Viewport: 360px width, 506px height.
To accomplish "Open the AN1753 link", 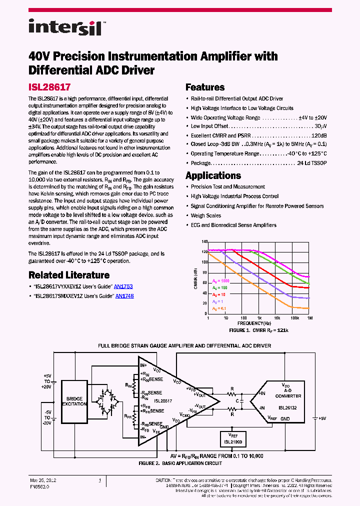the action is tap(123, 287).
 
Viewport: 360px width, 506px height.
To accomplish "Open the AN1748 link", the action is tap(124, 296).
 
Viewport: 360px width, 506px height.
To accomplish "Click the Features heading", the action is tap(205, 87).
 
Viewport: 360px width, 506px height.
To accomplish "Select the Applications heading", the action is tap(213, 175).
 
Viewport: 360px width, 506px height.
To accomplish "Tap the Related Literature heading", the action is tap(69, 275).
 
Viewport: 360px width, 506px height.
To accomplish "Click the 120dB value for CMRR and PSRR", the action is tap(319, 135).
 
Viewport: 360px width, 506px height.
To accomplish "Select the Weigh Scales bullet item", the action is tap(206, 215).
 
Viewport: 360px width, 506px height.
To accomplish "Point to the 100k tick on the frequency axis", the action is tap(294, 318).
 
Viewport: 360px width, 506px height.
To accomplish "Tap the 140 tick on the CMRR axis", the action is tap(204, 241).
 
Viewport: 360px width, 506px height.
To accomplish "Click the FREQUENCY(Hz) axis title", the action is tap(258, 323).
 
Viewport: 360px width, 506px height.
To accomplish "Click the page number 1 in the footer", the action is tap(99, 480).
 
